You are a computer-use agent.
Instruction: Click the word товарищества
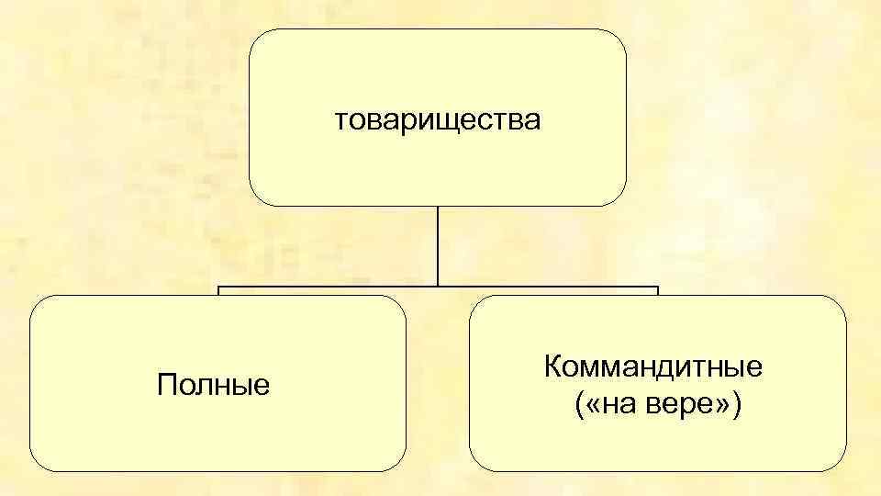coord(438,119)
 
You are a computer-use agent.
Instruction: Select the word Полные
coord(214,384)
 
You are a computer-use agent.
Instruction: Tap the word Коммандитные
coord(653,368)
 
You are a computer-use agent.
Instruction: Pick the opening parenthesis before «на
coord(581,404)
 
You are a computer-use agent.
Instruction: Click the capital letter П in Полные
coord(166,384)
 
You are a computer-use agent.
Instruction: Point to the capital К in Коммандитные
coord(552,368)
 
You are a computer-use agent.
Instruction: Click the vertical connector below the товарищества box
coord(438,243)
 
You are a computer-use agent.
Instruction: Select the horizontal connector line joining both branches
coord(330,287)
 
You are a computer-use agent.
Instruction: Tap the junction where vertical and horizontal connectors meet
coord(438,287)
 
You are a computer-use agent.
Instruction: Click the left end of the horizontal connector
coord(218,287)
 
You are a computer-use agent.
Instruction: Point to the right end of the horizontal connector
coord(657,287)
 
